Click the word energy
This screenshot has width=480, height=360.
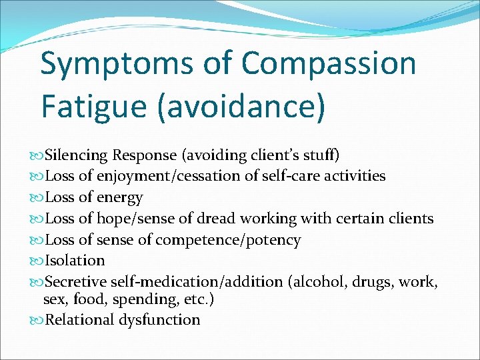[x=120, y=197]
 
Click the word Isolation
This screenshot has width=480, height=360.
[x=75, y=260]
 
